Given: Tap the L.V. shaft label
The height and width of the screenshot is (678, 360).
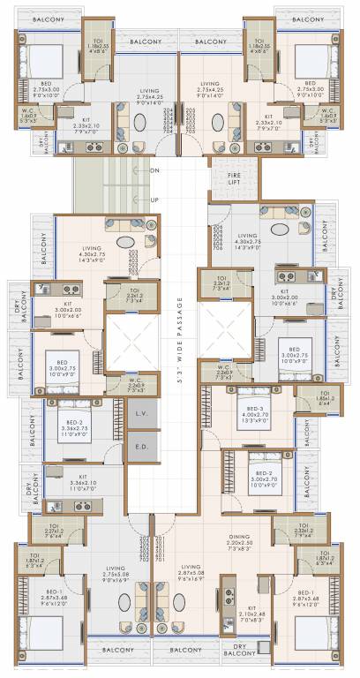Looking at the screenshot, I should [141, 413].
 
